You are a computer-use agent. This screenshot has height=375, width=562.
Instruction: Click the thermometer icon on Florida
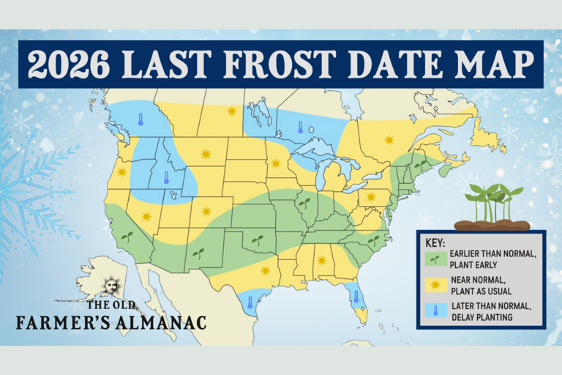pos(356,297)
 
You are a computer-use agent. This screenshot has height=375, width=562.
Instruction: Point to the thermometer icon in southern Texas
pos(250,302)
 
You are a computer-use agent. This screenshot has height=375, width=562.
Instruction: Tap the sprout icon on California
pos(127,237)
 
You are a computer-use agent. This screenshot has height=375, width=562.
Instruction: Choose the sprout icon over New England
pos(420,166)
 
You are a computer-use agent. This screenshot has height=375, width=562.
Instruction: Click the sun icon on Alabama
pos(321,260)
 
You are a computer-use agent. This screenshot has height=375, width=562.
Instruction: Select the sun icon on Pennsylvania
pos(370,196)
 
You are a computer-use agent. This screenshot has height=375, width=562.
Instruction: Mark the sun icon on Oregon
pos(121,172)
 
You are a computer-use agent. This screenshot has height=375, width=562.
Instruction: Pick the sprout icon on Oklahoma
pos(257,240)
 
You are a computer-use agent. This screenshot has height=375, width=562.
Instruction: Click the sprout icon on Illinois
pos(304,201)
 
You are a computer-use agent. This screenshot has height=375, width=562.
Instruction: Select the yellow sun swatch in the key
pos(435,284)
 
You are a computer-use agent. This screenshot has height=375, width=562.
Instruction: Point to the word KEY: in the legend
pos(435,242)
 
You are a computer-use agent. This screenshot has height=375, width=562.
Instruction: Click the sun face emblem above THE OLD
pos(111,284)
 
